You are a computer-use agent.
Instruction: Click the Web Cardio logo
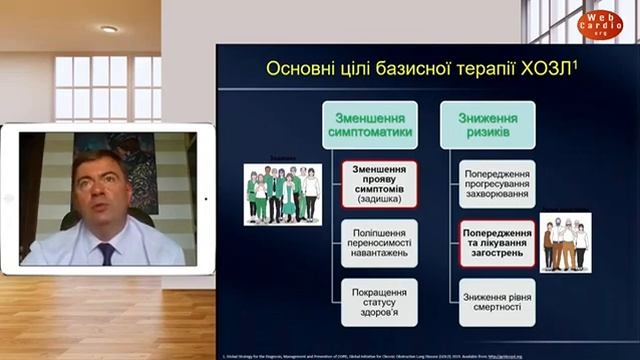pyautogui.click(x=600, y=24)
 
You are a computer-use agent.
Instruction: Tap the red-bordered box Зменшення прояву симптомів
pyautogui.click(x=379, y=184)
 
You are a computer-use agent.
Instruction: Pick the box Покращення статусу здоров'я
pyautogui.click(x=379, y=301)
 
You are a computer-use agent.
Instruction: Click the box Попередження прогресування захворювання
pyautogui.click(x=497, y=184)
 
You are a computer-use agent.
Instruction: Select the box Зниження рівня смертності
pyautogui.click(x=497, y=301)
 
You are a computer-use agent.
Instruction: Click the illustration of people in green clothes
pyautogui.click(x=283, y=194)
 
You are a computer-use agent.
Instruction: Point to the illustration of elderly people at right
pyautogui.click(x=565, y=243)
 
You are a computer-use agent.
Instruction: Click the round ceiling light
pyautogui.click(x=109, y=29)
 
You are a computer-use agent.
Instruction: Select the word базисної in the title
pyautogui.click(x=387, y=69)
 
